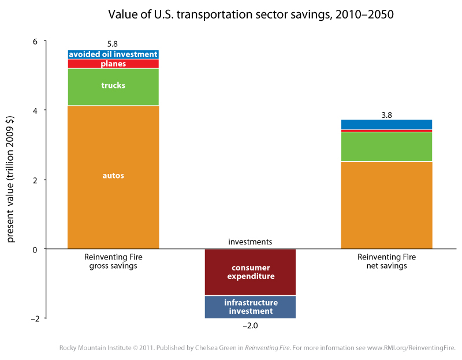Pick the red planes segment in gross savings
[113, 64]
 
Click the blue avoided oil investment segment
[113, 54]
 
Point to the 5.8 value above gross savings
[113, 43]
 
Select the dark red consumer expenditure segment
[251, 272]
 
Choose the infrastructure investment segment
[251, 307]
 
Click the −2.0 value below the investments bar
[249, 326]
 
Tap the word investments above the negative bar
[250, 242]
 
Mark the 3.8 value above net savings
[387, 115]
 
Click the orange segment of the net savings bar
[387, 205]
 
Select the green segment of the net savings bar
[387, 147]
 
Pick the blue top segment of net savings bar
[387, 124]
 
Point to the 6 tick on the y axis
[35, 42]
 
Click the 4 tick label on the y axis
[35, 110]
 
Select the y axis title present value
[12, 180]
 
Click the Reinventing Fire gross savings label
[113, 261]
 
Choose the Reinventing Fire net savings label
[387, 261]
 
